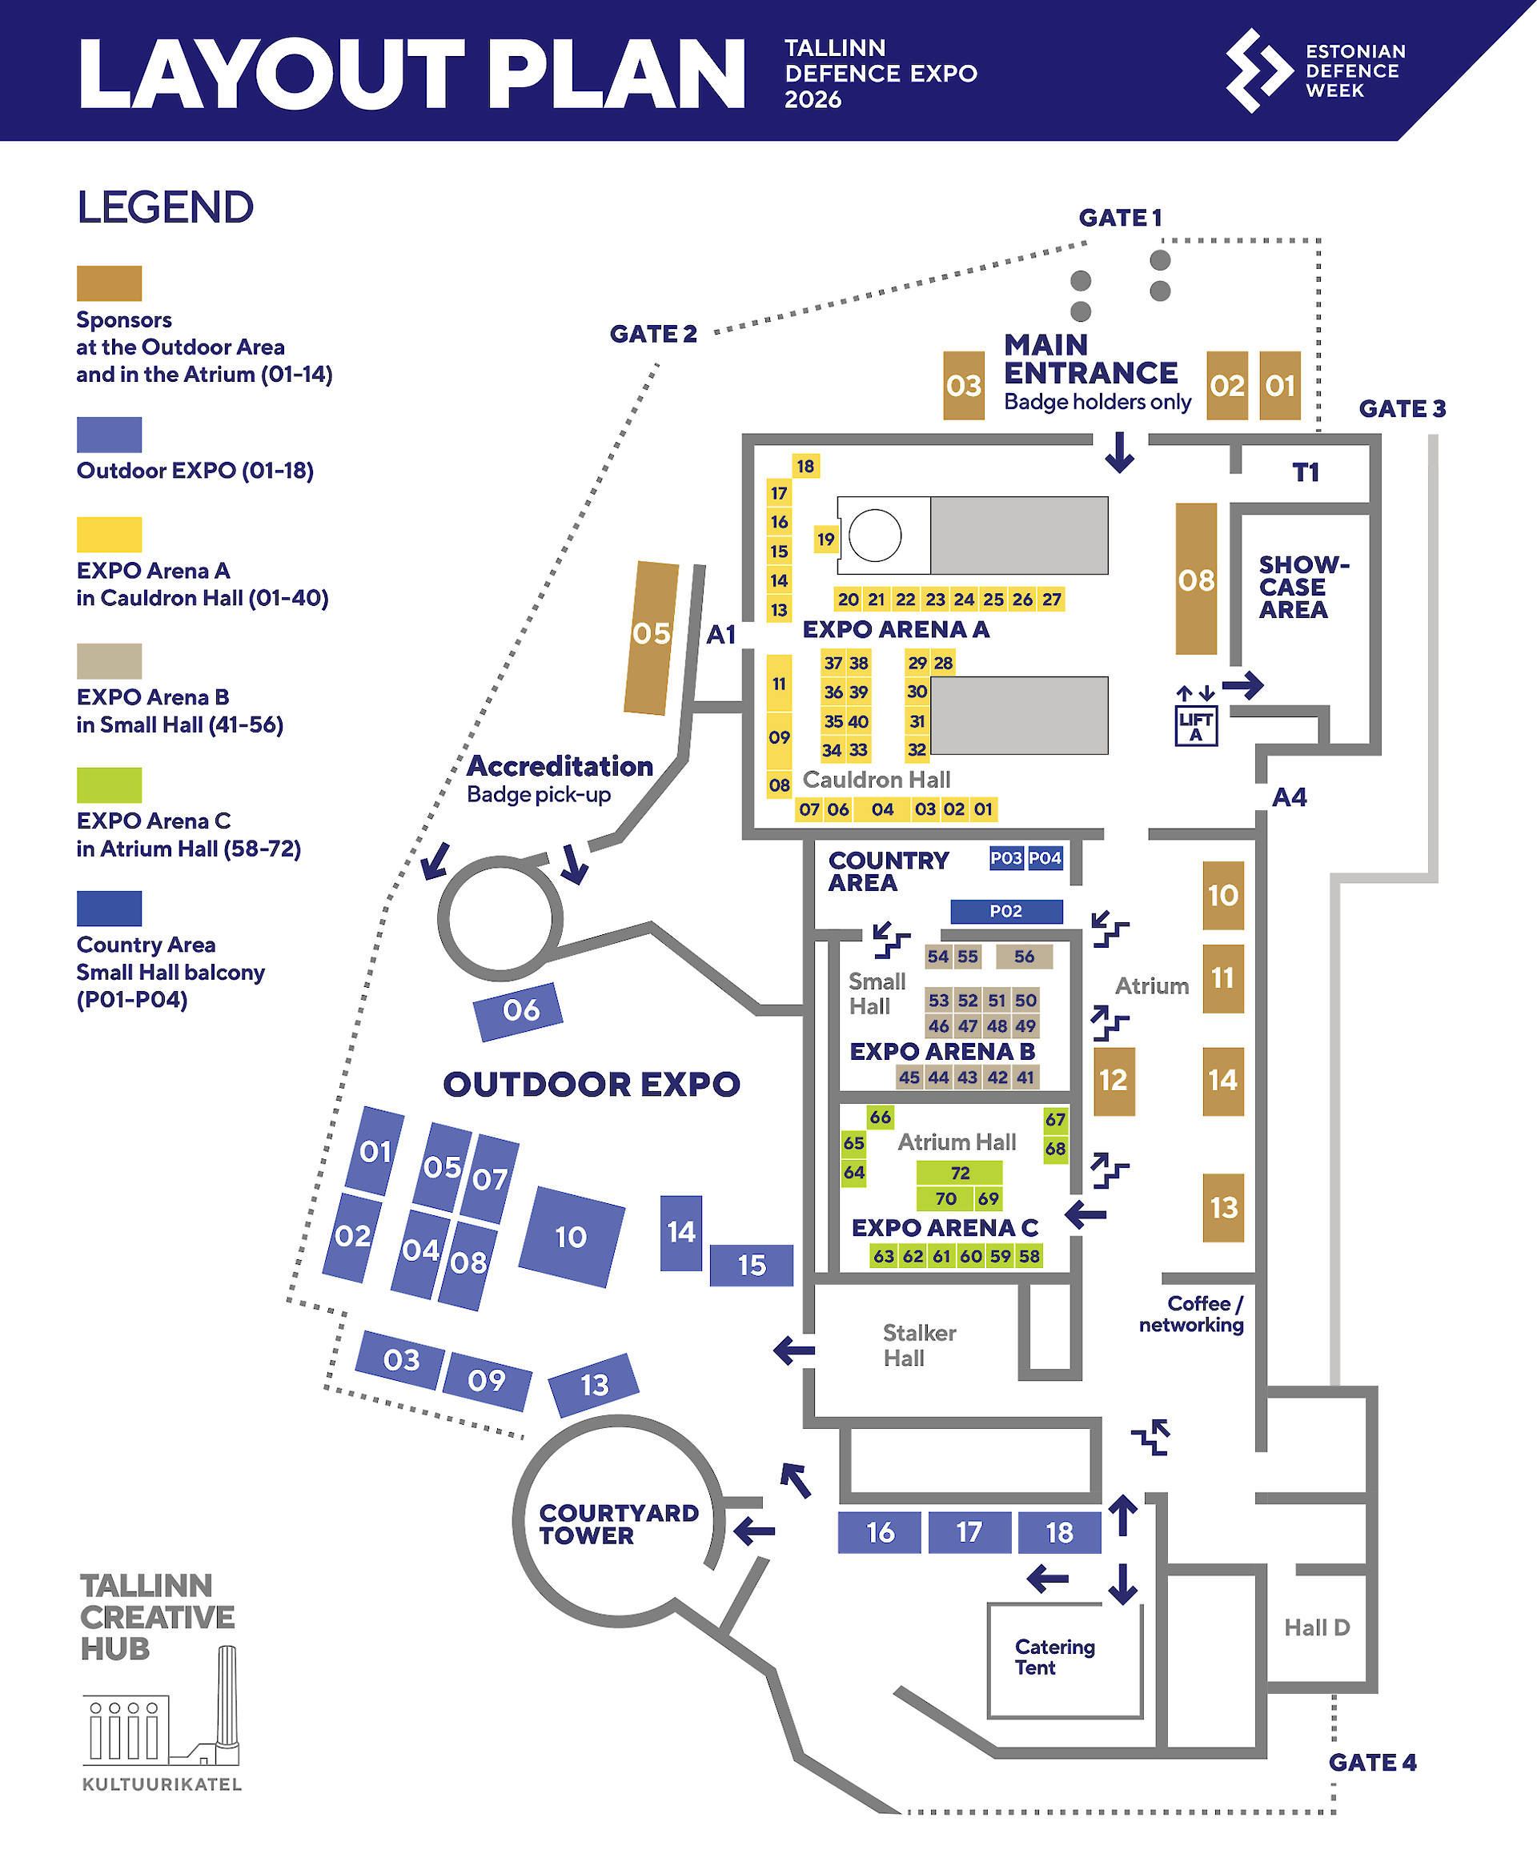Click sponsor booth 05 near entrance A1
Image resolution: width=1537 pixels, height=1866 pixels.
click(651, 637)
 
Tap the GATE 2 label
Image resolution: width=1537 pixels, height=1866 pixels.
click(653, 334)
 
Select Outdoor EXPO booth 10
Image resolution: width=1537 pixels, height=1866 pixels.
click(571, 1237)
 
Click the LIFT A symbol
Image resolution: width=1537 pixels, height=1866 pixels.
click(1196, 726)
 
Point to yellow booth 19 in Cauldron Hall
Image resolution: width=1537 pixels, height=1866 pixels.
click(825, 538)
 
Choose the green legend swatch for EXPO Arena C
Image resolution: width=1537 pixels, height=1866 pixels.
click(109, 785)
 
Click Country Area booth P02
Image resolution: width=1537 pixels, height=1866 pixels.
click(1007, 911)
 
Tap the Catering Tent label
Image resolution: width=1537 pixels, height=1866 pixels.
click(1054, 1657)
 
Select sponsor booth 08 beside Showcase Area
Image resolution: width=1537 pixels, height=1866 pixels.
click(1196, 579)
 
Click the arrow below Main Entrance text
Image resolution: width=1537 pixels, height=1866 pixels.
click(1120, 451)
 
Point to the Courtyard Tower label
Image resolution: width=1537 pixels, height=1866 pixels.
click(619, 1524)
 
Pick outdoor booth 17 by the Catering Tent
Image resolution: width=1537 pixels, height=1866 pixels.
click(969, 1532)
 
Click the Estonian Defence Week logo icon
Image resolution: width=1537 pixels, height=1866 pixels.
click(1258, 70)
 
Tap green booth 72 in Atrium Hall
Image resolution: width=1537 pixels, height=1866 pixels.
click(960, 1173)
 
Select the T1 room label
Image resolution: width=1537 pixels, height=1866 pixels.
click(1306, 472)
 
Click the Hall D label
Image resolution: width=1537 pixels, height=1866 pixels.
click(1317, 1627)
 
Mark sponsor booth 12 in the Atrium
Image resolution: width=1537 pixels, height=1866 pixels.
click(1114, 1081)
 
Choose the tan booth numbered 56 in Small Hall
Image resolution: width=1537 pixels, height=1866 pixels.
click(1025, 956)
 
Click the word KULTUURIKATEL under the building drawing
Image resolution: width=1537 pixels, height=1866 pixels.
click(162, 1784)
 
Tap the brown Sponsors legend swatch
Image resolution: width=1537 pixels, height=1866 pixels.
click(109, 283)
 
